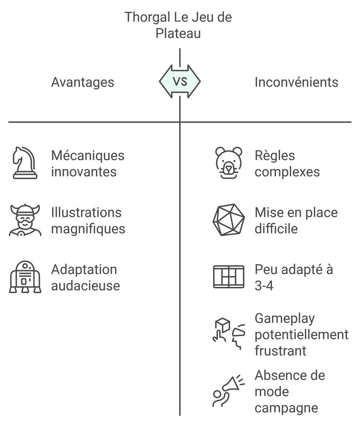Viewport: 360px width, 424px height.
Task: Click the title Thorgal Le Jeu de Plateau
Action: tap(178, 25)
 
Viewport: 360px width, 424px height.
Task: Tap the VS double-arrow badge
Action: tap(180, 82)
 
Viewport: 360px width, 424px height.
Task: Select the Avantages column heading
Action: tap(82, 82)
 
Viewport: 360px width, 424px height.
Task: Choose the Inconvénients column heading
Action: tap(296, 82)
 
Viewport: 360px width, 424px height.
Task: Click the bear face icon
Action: tap(229, 163)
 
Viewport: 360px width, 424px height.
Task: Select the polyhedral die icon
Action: tap(229, 220)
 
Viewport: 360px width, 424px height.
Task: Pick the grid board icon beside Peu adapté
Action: tap(229, 277)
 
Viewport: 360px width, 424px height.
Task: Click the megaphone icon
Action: tap(229, 391)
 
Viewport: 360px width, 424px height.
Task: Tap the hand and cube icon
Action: tap(229, 334)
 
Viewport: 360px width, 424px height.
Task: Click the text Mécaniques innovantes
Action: tap(88, 164)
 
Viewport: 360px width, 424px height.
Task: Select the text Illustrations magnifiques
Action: tap(88, 220)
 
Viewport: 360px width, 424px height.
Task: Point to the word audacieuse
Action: tap(85, 286)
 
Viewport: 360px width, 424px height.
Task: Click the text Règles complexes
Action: tap(287, 164)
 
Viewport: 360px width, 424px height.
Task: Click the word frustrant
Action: tap(280, 351)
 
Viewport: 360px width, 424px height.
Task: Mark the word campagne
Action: tap(286, 408)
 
